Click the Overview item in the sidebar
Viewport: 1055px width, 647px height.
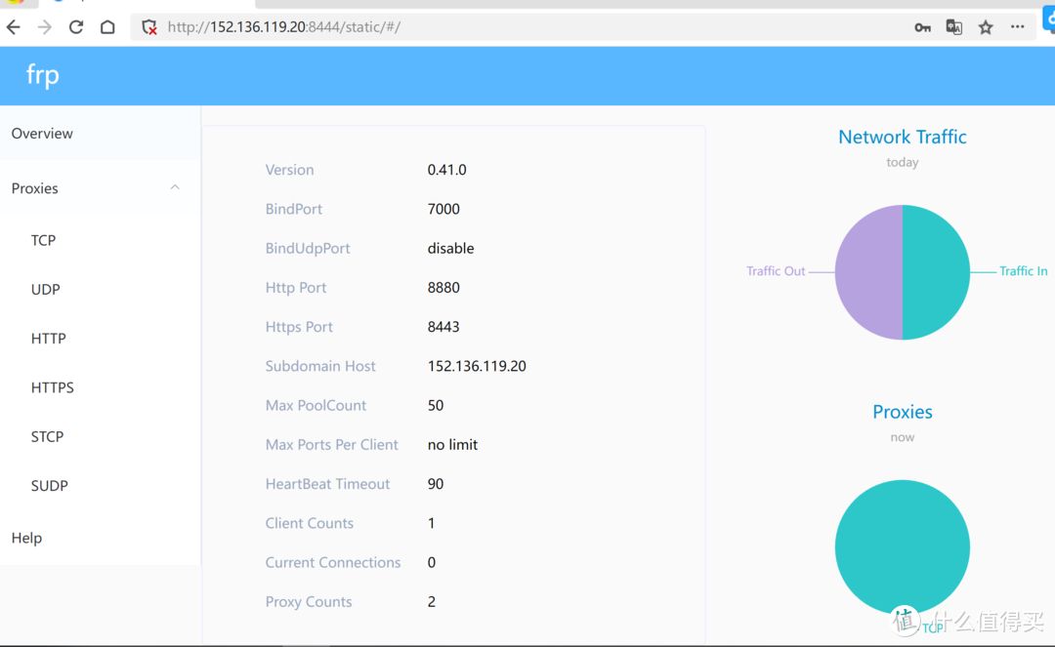42,134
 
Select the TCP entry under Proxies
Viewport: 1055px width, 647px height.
43,240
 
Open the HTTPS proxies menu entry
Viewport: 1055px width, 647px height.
53,387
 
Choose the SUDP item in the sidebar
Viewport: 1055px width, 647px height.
50,485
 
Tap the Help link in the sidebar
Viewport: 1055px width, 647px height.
26,538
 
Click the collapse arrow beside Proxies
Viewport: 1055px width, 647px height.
175,187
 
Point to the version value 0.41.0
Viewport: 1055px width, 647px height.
446,170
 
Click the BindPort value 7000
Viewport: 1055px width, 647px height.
443,209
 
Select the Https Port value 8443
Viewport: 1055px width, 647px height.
443,327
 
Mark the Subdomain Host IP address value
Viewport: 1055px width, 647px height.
477,366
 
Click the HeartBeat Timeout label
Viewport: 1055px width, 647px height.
327,484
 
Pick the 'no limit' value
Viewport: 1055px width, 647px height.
452,445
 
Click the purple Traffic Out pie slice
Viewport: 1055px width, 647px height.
867,272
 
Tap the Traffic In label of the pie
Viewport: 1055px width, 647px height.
1023,271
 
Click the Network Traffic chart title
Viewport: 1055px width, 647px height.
902,138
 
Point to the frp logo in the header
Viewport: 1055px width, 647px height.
43,75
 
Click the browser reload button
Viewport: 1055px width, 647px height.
76,27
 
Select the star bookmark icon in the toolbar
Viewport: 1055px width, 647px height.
986,27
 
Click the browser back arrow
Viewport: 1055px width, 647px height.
14,27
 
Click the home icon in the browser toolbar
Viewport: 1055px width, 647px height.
107,27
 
